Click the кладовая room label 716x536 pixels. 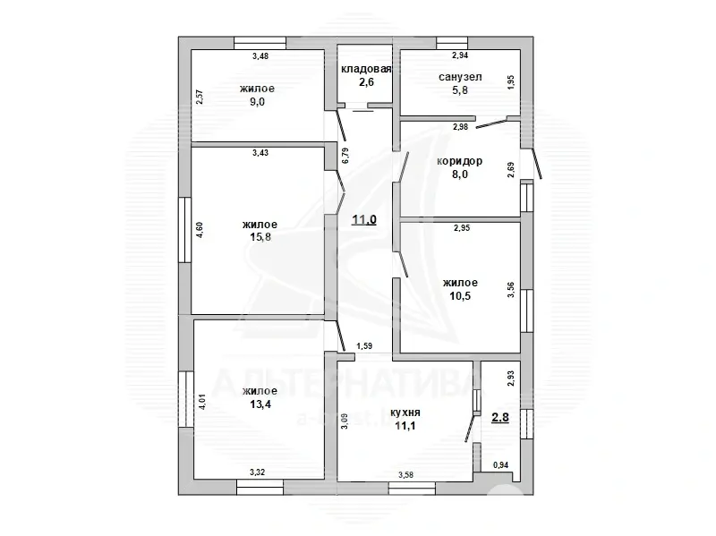pos(366,69)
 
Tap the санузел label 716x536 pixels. pos(460,77)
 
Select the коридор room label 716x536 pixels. pos(459,161)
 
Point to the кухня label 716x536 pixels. pos(405,413)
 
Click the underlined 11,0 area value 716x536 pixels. pos(364,220)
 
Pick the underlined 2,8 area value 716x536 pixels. pos(500,418)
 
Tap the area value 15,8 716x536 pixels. pos(260,237)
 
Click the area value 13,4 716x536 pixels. pos(260,404)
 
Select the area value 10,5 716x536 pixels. pos(460,296)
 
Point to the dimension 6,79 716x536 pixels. pos(345,155)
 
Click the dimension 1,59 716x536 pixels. pos(364,346)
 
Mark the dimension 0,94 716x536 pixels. pos(500,465)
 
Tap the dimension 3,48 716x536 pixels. pos(260,56)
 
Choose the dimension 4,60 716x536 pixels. pos(199,230)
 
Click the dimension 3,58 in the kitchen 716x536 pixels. pos(405,475)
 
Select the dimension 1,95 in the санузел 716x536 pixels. pos(511,82)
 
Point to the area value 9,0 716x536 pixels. pos(257,102)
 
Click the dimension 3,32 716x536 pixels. pos(258,472)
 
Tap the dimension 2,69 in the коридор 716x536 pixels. pos(511,170)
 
